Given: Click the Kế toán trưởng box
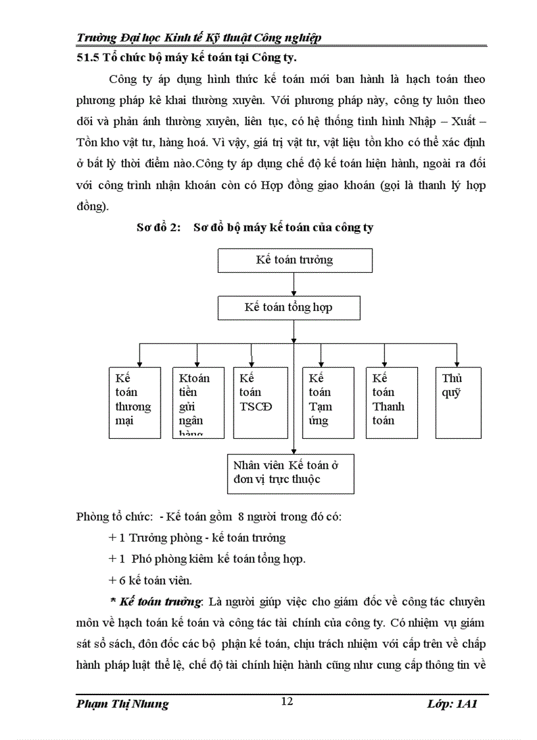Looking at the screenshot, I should (x=295, y=260).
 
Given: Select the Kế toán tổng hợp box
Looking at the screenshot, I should (x=289, y=308).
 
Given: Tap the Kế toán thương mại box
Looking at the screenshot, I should (x=134, y=402).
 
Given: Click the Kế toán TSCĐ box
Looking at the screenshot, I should (x=261, y=402).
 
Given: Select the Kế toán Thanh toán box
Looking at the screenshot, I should (x=392, y=402).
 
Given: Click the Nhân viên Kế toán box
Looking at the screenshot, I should (x=290, y=472).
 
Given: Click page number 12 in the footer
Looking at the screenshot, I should (x=286, y=701).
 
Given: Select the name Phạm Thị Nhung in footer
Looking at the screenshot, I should (x=122, y=704).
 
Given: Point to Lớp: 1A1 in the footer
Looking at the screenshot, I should (x=451, y=704).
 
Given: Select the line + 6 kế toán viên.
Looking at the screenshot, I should (x=150, y=581).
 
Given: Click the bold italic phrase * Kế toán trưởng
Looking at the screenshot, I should (x=165, y=602).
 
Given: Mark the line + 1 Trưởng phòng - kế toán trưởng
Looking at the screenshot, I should (x=197, y=538).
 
